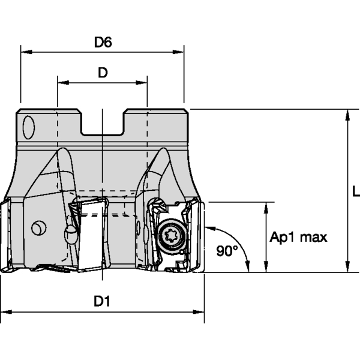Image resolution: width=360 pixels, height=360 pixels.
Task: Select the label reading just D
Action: point(103,73)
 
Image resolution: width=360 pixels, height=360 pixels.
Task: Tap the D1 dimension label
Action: point(102,302)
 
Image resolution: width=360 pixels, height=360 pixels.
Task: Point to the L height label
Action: point(355,191)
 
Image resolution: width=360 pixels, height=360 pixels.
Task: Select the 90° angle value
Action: point(227,251)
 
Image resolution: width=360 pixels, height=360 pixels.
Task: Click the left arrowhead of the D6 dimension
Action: point(25,52)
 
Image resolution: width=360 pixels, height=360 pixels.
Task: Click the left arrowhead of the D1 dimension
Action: point(5,312)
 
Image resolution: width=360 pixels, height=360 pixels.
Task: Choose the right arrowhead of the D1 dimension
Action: point(201,312)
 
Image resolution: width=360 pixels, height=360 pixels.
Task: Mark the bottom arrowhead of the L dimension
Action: point(347,268)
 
